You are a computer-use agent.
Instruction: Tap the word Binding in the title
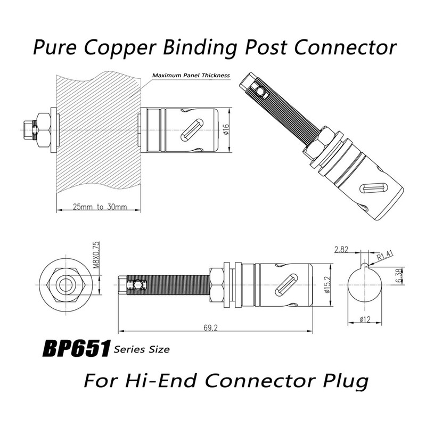tap(200, 47)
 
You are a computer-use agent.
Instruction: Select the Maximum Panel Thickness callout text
tap(191, 75)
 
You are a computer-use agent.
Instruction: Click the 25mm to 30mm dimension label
tap(100, 207)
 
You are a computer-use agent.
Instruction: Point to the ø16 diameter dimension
tap(226, 129)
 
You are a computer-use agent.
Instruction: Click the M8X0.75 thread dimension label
tap(96, 255)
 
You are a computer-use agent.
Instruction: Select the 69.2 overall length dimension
tap(210, 328)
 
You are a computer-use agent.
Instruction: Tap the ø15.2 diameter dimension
tap(327, 285)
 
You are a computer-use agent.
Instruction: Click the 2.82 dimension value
tap(341, 249)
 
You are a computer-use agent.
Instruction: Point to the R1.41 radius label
tap(384, 256)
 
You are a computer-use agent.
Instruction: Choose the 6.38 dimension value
tap(400, 276)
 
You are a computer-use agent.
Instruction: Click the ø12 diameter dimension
tap(365, 319)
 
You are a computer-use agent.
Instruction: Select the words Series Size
tap(142, 349)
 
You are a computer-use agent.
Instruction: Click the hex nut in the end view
tap(66, 284)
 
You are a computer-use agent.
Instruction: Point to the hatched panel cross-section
tap(99, 130)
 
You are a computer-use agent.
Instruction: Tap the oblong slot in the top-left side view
tap(192, 130)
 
